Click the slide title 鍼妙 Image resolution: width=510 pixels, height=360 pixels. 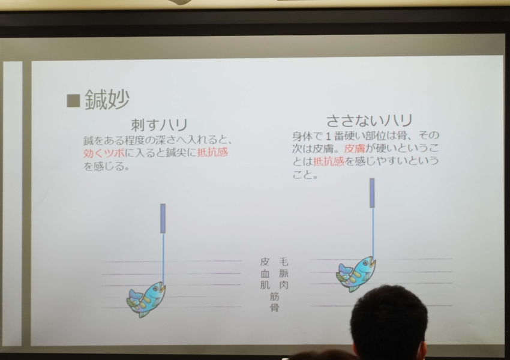tap(107, 100)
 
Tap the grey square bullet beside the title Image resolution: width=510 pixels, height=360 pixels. tap(73, 100)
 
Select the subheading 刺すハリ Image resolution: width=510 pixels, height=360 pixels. tap(160, 125)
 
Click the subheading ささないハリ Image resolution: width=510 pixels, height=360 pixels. tap(369, 121)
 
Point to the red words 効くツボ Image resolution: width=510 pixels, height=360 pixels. tap(104, 152)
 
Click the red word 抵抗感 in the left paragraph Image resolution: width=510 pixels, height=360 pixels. tap(212, 152)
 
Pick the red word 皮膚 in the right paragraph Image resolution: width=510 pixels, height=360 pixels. tap(354, 148)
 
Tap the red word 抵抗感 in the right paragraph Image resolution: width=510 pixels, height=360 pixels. tap(328, 161)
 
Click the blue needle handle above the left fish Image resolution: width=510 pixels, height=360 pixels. tap(163, 218)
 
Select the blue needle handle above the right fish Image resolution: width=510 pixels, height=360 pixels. tap(372, 193)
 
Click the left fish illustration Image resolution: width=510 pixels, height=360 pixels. tap(146, 299)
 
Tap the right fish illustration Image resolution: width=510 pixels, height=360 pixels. tap(356, 274)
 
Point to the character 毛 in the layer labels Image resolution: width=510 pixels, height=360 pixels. tap(284, 262)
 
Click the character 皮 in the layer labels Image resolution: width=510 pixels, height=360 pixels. tap(265, 262)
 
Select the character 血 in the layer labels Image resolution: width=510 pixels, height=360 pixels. tap(265, 274)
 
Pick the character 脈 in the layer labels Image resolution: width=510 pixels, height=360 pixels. tap(284, 273)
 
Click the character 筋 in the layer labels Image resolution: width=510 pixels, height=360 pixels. tap(274, 296)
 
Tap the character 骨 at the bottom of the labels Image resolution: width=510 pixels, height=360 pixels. tap(274, 307)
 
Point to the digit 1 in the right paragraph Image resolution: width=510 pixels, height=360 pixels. tap(328, 135)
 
